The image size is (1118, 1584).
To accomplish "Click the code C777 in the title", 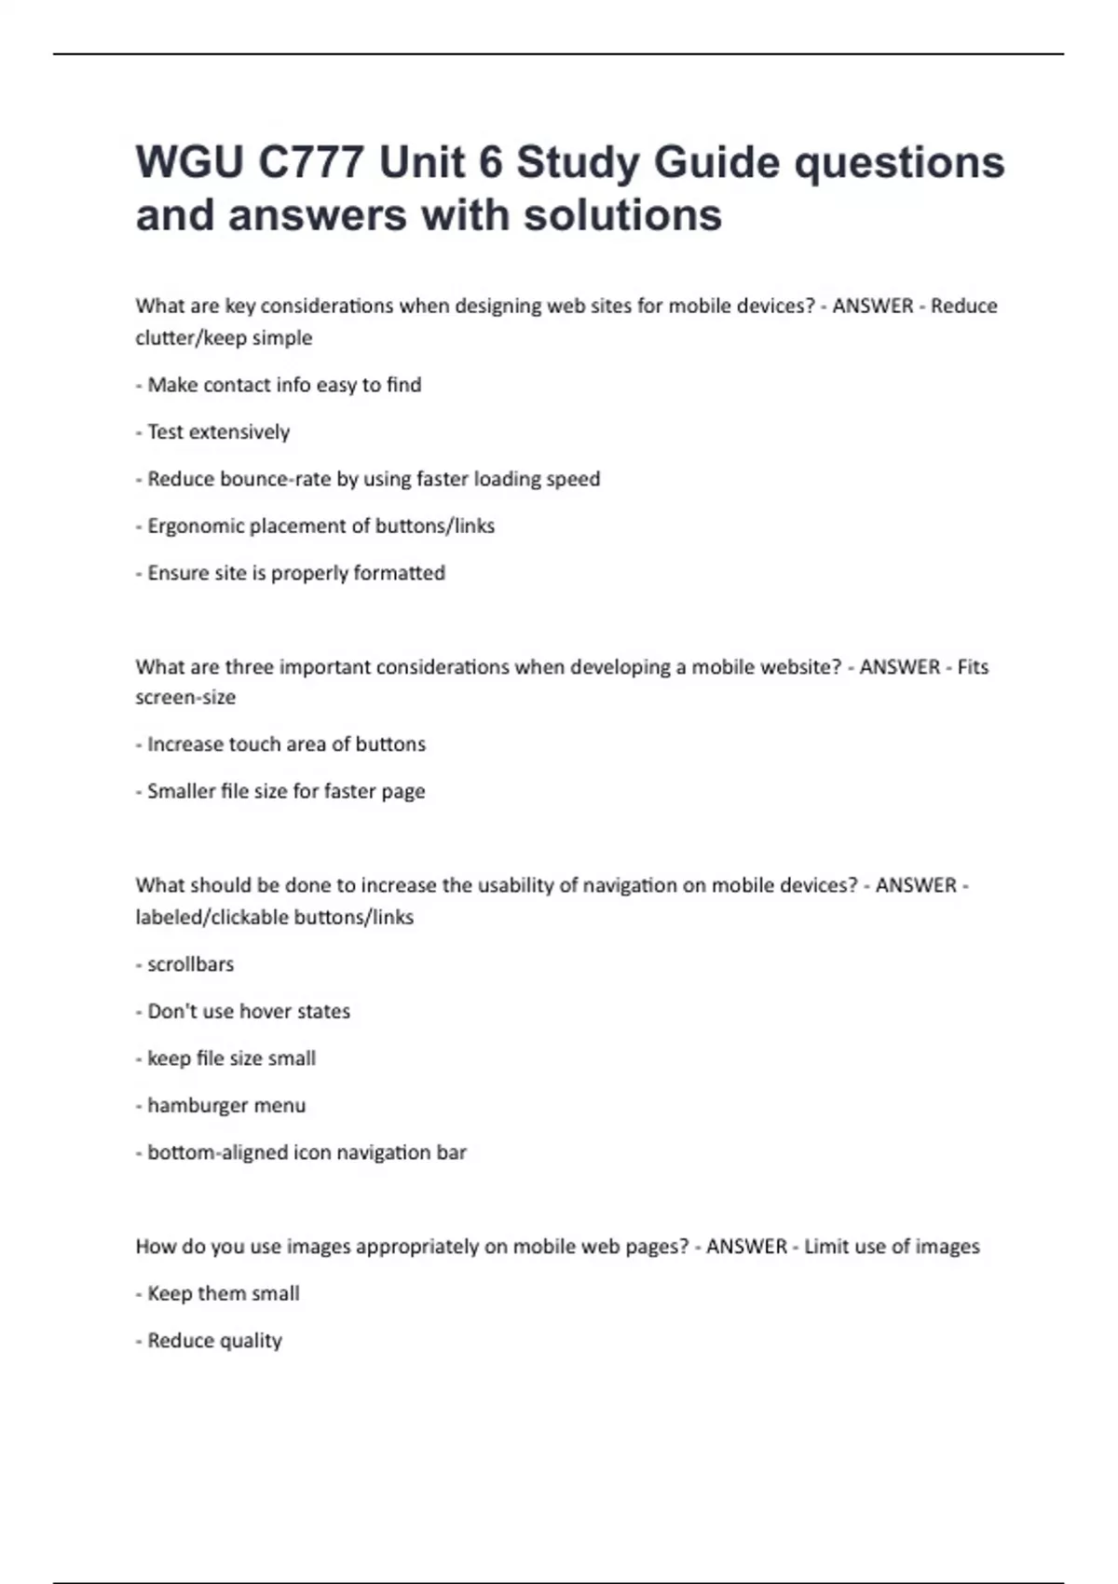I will (x=310, y=163).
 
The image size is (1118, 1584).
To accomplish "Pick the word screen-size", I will (x=185, y=698).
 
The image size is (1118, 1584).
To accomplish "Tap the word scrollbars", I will (x=190, y=964).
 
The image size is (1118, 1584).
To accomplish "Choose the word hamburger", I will (x=194, y=1106).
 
